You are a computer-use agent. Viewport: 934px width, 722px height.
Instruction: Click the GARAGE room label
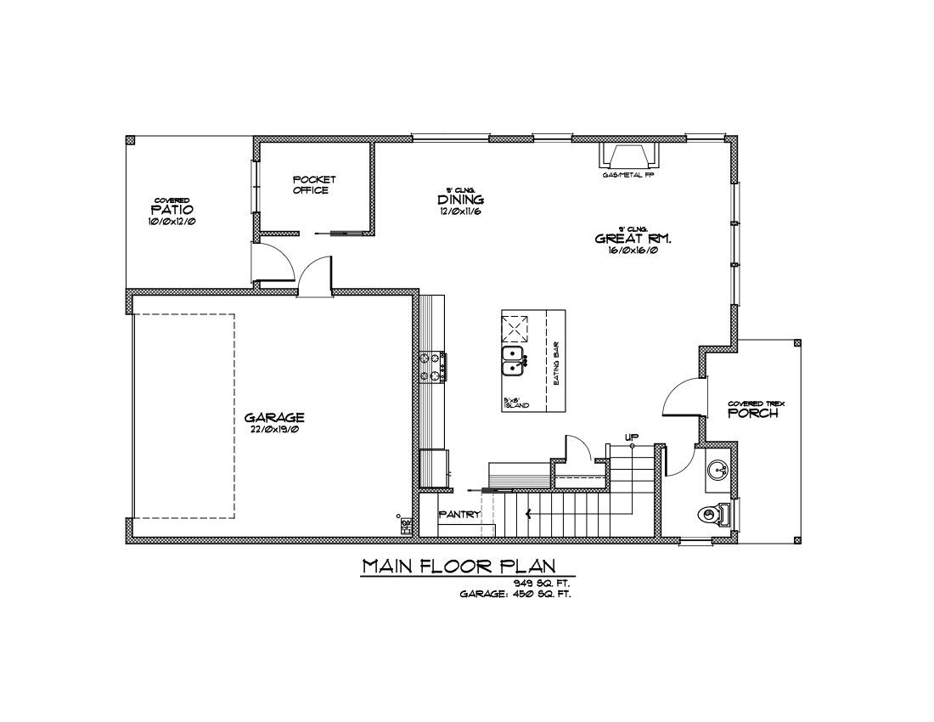(274, 417)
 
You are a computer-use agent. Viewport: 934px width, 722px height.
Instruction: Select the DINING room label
(461, 200)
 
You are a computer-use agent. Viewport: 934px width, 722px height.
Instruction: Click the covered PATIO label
(172, 209)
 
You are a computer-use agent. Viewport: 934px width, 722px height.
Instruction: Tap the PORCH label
(753, 414)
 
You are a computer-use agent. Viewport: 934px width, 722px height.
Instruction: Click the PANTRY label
(459, 514)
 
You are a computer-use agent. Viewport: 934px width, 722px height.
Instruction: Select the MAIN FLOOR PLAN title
(459, 566)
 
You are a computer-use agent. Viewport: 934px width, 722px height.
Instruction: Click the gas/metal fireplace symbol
(629, 155)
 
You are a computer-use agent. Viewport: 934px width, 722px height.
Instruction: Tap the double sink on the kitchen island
(513, 361)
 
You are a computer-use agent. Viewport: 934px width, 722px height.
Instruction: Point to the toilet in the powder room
(712, 513)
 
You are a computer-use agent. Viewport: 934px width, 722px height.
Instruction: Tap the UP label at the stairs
(631, 437)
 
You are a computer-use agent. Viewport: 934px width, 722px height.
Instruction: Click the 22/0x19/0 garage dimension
(274, 430)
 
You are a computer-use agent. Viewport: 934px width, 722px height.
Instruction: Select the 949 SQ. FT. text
(542, 583)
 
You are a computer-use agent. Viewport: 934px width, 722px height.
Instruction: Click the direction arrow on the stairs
(529, 513)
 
